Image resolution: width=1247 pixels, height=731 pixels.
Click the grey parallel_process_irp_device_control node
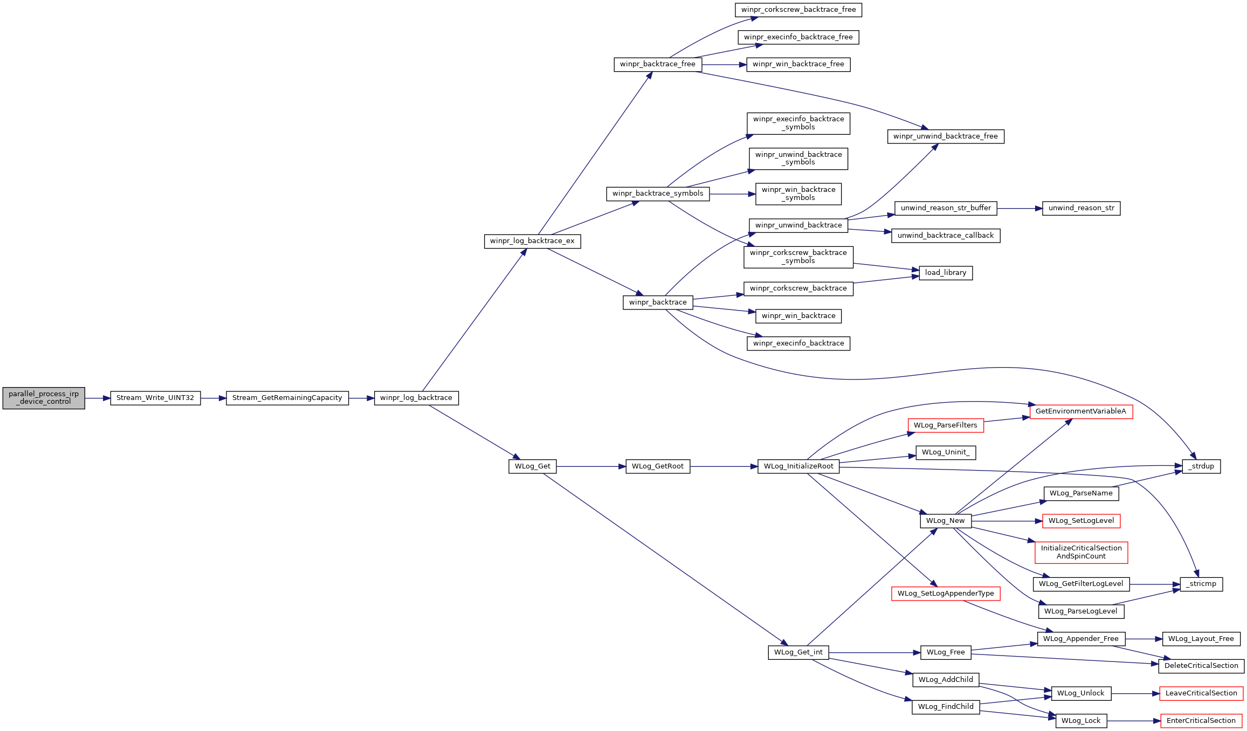click(x=44, y=398)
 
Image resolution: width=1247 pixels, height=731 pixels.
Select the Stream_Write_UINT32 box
click(x=155, y=398)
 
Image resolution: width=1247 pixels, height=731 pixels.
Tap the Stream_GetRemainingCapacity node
click(x=287, y=398)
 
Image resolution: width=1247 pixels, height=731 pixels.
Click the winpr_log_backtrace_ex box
click(x=532, y=241)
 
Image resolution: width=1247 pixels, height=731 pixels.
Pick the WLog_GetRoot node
click(x=658, y=466)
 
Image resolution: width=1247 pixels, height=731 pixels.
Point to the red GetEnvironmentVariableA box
click(x=1081, y=411)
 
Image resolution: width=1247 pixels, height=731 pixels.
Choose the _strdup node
click(x=1201, y=466)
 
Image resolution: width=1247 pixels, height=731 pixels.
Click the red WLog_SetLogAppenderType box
click(x=946, y=594)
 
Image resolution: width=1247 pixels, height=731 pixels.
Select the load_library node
click(x=946, y=273)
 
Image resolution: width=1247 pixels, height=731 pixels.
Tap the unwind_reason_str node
click(x=1081, y=208)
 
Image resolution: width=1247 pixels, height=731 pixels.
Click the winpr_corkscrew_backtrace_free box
click(x=798, y=10)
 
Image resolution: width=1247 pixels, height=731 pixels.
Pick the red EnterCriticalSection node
click(x=1201, y=721)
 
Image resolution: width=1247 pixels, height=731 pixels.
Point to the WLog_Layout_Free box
click(x=1201, y=639)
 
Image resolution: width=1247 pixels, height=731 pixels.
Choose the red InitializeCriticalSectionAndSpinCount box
click(x=1081, y=552)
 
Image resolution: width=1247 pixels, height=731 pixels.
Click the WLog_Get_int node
click(x=798, y=652)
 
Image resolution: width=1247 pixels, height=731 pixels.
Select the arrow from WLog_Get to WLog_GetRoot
click(x=591, y=466)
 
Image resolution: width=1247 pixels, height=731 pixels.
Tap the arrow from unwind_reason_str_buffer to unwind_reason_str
click(x=1019, y=208)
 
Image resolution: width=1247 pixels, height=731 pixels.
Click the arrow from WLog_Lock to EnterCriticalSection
click(x=1134, y=721)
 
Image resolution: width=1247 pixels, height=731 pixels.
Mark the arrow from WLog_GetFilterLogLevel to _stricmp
click(x=1155, y=584)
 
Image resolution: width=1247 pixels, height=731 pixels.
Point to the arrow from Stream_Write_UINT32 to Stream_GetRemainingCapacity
click(x=213, y=398)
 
